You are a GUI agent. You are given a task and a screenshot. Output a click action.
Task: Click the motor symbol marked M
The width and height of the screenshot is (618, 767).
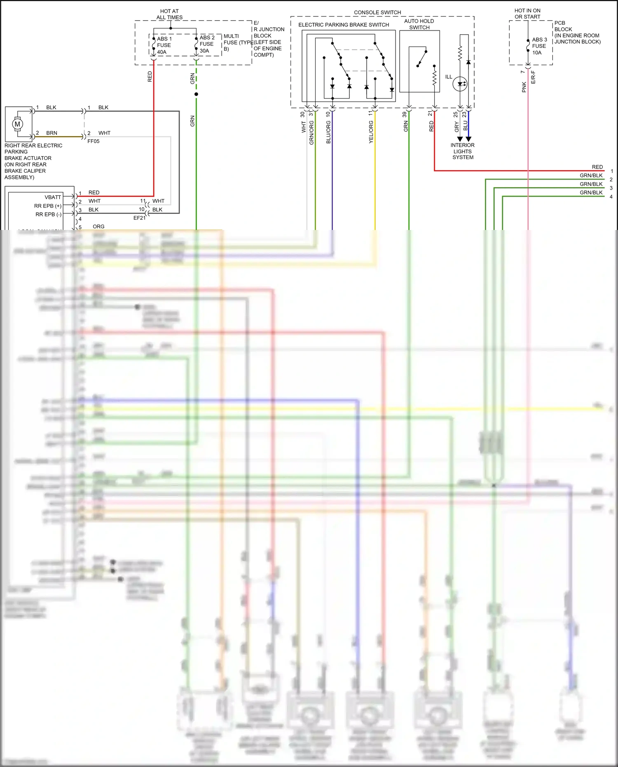point(17,124)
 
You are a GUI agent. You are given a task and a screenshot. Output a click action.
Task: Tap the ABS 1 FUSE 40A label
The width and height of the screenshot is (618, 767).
point(164,45)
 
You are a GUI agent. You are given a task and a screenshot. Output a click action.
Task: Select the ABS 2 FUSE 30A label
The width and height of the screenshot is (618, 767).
point(207,44)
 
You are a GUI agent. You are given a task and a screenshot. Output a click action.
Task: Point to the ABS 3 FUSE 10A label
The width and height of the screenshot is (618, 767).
point(539,46)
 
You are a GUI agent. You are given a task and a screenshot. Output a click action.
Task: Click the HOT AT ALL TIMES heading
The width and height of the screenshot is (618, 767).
point(169,14)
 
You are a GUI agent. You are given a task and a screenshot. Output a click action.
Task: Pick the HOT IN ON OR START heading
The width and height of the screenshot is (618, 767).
point(527,14)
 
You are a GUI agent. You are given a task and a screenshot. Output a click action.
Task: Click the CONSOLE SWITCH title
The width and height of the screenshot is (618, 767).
point(377,12)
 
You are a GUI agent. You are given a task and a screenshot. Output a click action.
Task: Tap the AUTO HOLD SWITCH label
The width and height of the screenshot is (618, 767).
point(419,24)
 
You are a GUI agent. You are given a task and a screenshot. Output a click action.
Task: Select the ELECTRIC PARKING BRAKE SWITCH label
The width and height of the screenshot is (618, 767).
point(344,25)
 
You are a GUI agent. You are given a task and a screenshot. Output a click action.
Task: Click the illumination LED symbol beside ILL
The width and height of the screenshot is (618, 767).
point(460,84)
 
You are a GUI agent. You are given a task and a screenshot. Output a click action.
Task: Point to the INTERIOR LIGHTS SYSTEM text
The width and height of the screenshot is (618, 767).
point(463,151)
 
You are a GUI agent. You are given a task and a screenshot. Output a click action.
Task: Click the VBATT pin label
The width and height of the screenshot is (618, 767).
point(53,197)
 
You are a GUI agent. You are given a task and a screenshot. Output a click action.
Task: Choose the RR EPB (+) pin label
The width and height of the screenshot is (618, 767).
point(48,206)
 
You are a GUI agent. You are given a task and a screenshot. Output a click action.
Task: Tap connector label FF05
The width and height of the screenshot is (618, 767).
point(94,141)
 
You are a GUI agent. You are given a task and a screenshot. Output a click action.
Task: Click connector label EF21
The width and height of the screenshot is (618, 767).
point(139,218)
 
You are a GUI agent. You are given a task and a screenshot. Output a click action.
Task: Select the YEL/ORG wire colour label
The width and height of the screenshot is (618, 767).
point(371,132)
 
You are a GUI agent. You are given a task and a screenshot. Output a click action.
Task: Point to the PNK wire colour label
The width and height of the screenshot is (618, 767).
point(524,87)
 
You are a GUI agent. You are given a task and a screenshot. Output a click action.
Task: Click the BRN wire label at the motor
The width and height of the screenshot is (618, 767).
point(52,133)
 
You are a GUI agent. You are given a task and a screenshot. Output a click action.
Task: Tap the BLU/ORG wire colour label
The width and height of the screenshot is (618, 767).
point(328,132)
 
